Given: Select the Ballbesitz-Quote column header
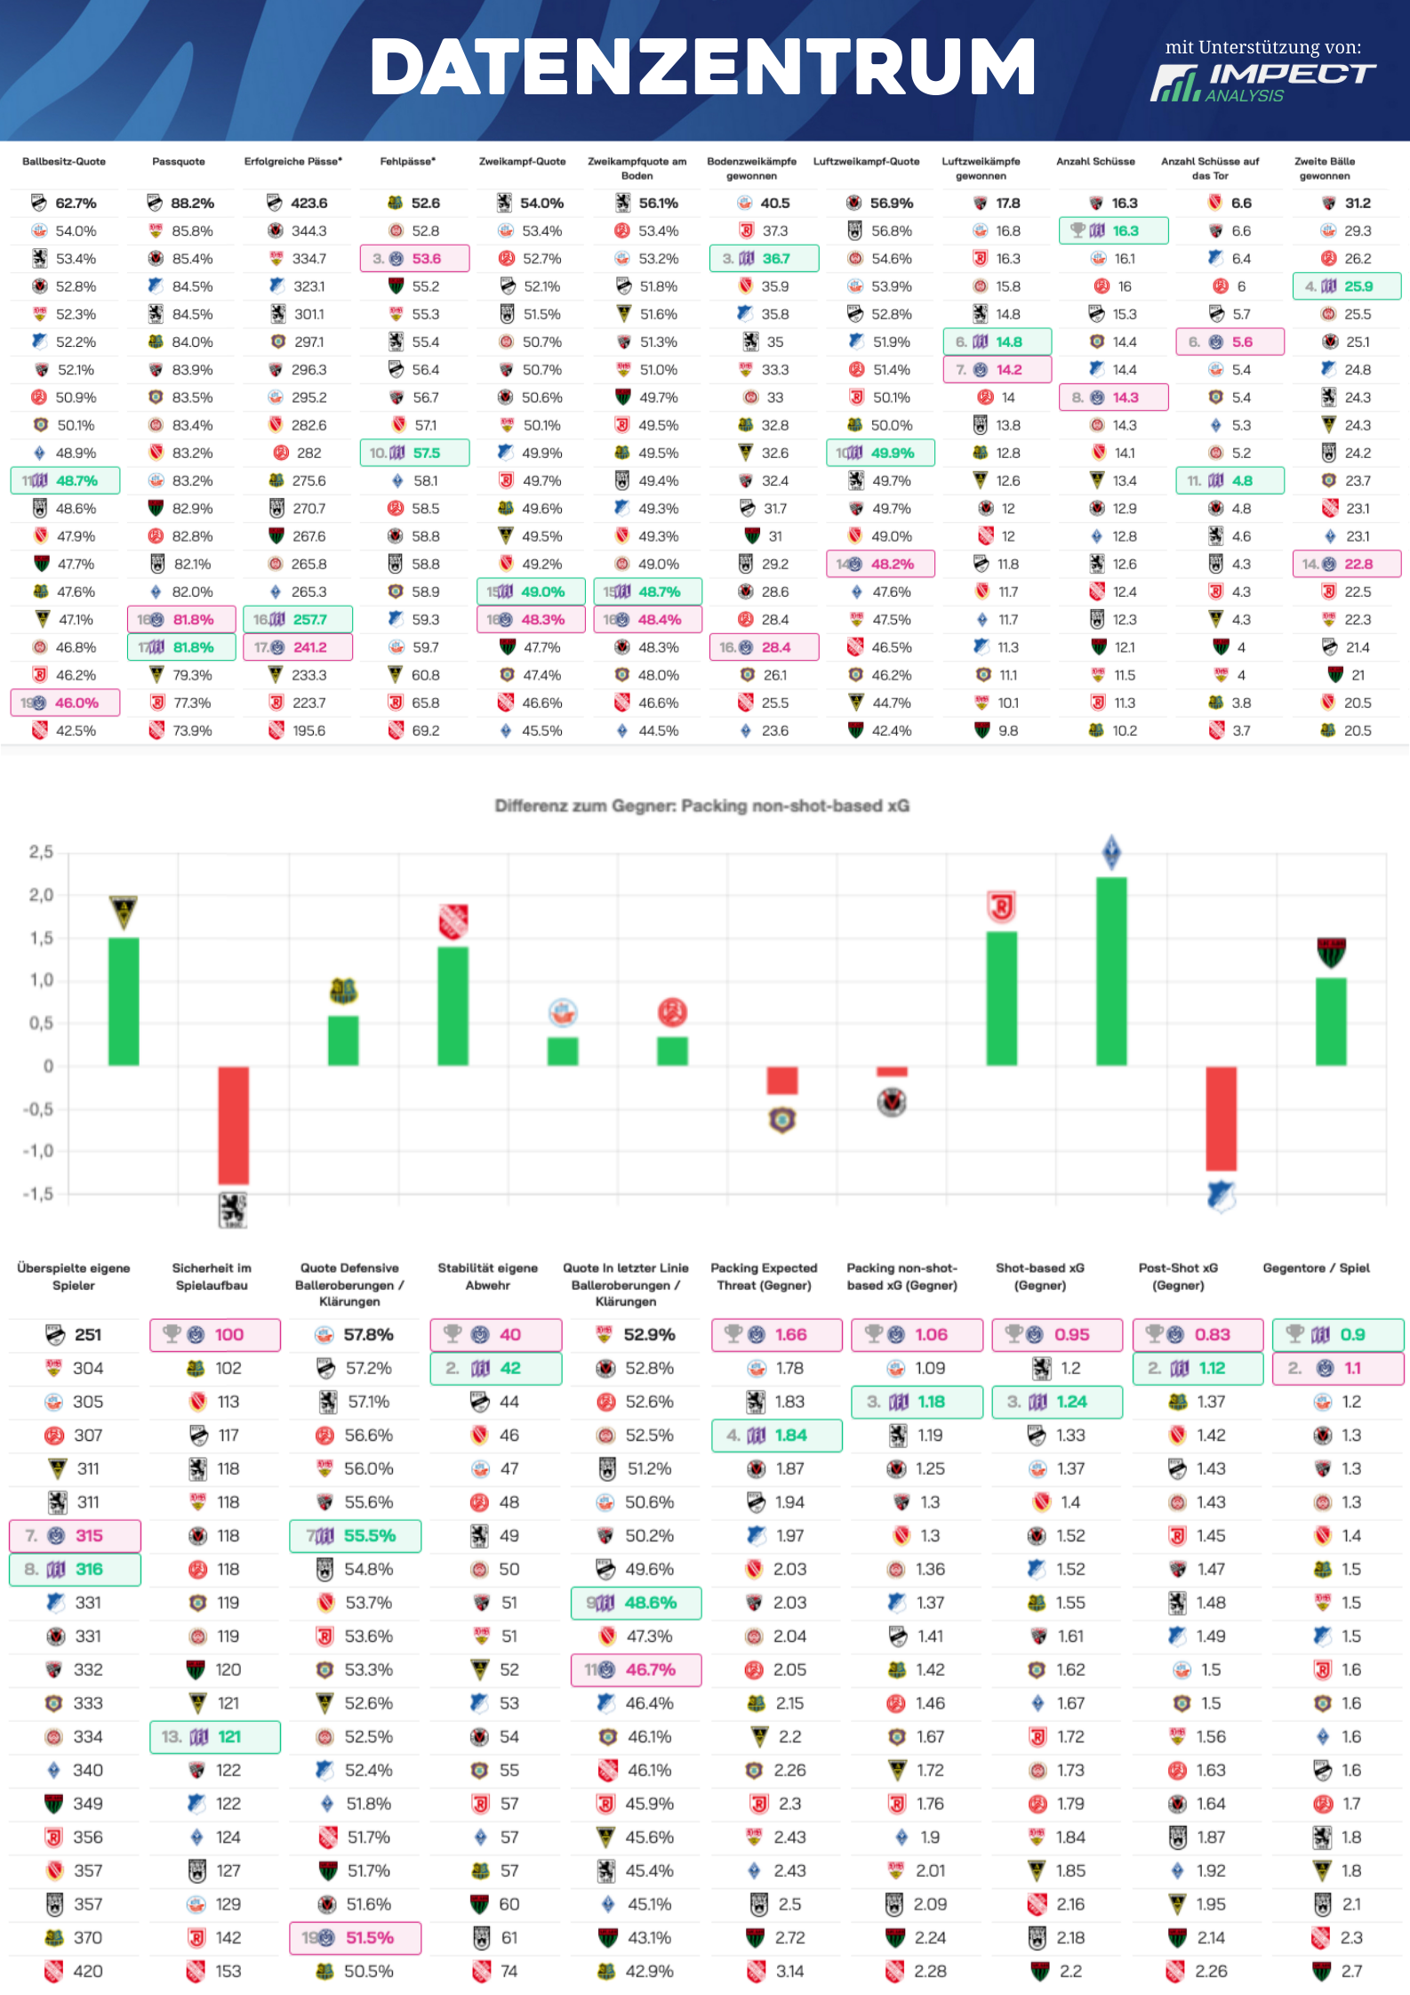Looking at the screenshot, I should (64, 162).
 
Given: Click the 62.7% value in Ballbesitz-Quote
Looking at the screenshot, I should (76, 203).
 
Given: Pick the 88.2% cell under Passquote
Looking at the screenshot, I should (192, 203).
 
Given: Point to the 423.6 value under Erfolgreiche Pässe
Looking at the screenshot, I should (308, 203).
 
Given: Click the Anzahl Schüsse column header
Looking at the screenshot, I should (1095, 162).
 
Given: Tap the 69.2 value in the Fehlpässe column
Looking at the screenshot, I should (426, 730).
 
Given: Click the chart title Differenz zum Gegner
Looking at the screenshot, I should (701, 806).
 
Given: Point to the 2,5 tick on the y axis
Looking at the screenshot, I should (41, 852).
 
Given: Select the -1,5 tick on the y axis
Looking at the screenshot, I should (38, 1194).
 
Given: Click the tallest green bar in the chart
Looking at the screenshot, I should (1111, 971).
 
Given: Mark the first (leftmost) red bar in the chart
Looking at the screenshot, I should (234, 1125).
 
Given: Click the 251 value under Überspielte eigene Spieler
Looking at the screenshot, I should (88, 1334).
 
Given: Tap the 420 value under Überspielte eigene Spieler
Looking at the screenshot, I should (88, 1971).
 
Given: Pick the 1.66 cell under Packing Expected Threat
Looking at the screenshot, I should (790, 1334).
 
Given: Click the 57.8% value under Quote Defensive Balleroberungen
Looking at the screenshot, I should (368, 1334).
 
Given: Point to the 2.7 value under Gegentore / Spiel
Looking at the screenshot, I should (1351, 1971).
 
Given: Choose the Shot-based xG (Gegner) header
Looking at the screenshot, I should (1040, 1276).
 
